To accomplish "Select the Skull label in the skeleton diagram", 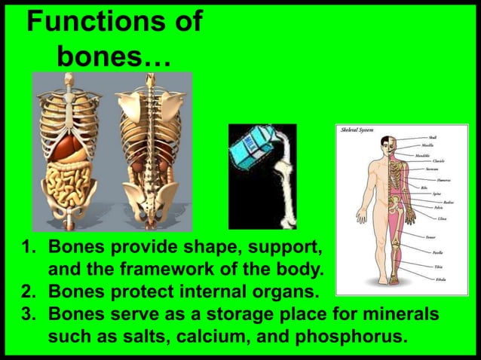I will [432, 139].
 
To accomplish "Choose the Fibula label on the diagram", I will [440, 279].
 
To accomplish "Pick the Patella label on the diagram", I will [437, 253].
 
